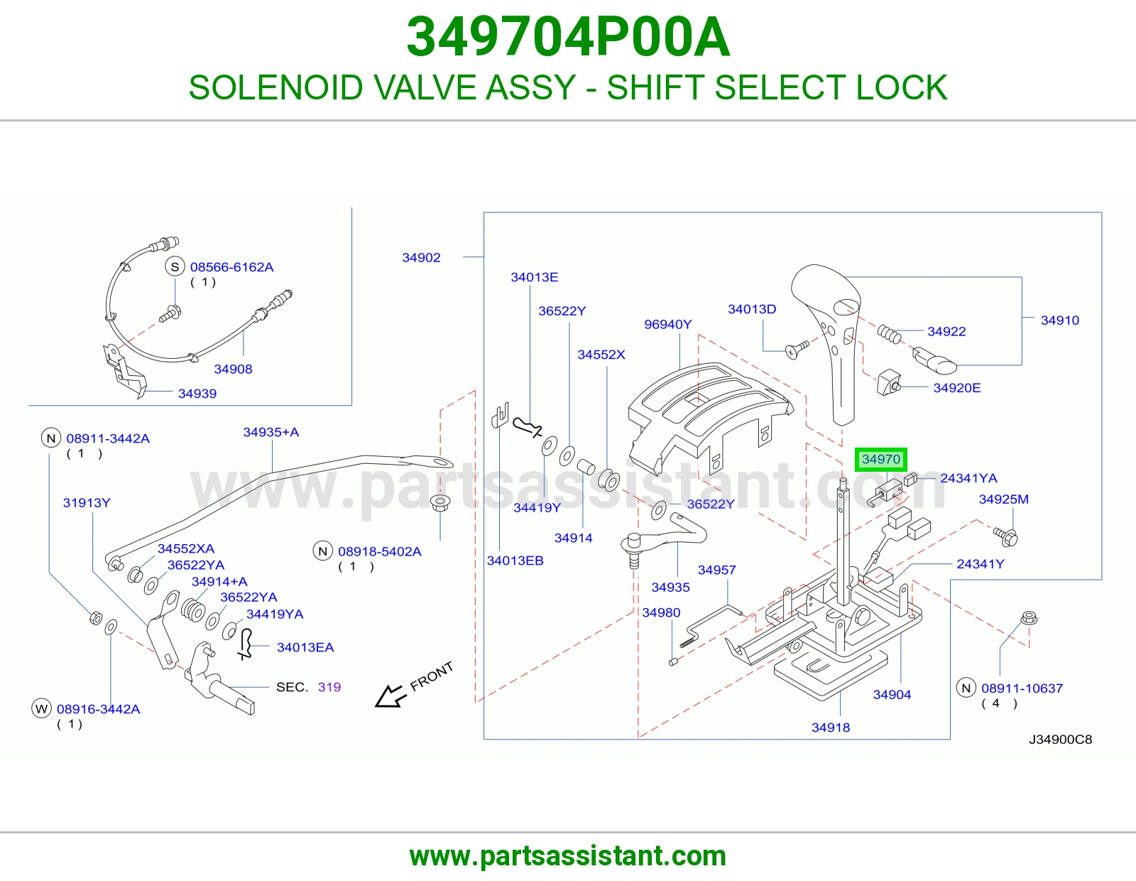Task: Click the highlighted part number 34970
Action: pyautogui.click(x=881, y=460)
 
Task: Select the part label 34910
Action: pyautogui.click(x=1059, y=320)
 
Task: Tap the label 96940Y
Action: pyautogui.click(x=667, y=325)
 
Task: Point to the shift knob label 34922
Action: pyautogui.click(x=946, y=331)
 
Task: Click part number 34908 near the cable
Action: pyautogui.click(x=233, y=369)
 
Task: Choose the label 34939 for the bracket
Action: pyautogui.click(x=197, y=394)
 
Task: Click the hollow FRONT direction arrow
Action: pyautogui.click(x=390, y=696)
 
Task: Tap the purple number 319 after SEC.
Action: pyautogui.click(x=329, y=687)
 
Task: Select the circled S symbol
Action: pyautogui.click(x=175, y=267)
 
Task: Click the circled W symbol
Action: pyautogui.click(x=41, y=709)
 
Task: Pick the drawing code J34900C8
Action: pyautogui.click(x=1060, y=739)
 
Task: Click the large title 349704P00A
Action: pyautogui.click(x=568, y=37)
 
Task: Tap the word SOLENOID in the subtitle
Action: pyautogui.click(x=275, y=87)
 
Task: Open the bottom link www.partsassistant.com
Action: pyautogui.click(x=568, y=856)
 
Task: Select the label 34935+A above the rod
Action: pyautogui.click(x=271, y=432)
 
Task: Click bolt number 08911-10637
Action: pyautogui.click(x=1022, y=688)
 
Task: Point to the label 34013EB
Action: pyautogui.click(x=515, y=561)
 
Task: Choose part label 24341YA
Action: pyautogui.click(x=968, y=478)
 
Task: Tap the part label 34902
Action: pyautogui.click(x=421, y=257)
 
